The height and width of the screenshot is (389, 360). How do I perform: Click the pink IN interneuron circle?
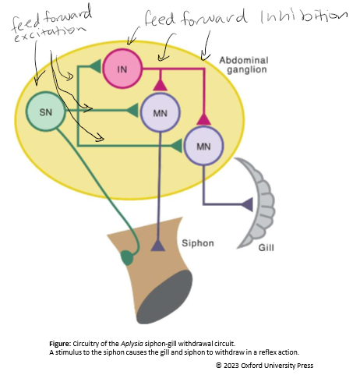click(x=121, y=69)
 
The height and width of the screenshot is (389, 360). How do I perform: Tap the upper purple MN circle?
click(x=158, y=111)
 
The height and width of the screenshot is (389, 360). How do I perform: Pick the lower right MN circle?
click(x=203, y=146)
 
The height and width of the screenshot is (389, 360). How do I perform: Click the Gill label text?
click(x=266, y=251)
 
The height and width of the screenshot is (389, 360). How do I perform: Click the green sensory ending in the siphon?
click(x=127, y=257)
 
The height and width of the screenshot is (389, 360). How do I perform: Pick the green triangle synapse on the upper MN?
click(x=132, y=110)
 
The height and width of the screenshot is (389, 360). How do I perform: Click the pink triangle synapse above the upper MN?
click(x=159, y=85)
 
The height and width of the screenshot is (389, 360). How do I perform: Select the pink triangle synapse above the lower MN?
click(x=203, y=119)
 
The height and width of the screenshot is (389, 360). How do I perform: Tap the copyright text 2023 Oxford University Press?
click(x=266, y=365)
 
